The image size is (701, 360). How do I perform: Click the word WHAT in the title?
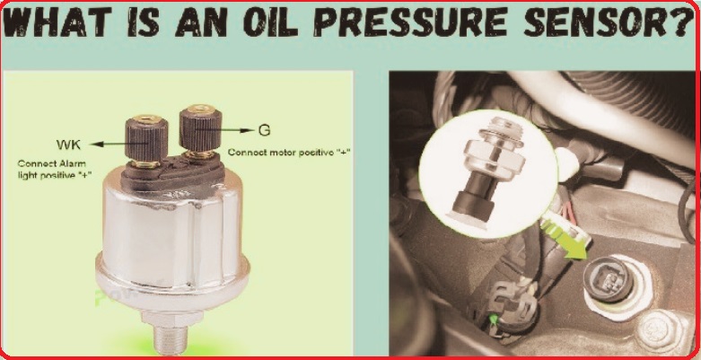pos(57,22)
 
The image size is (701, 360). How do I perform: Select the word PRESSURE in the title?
pos(409,22)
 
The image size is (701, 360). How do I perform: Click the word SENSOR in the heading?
pos(597,22)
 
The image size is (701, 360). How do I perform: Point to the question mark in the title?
pos(683,22)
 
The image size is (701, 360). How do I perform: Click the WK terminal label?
pos(68,145)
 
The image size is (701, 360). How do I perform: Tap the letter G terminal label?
pos(264,130)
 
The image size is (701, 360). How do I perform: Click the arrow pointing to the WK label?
pos(119,144)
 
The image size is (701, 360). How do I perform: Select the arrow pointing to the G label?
pos(224,130)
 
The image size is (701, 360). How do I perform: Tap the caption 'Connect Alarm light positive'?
pos(55,170)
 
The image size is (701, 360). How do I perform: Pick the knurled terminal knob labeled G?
pos(200,130)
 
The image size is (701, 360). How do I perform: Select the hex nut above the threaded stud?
pos(170,318)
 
